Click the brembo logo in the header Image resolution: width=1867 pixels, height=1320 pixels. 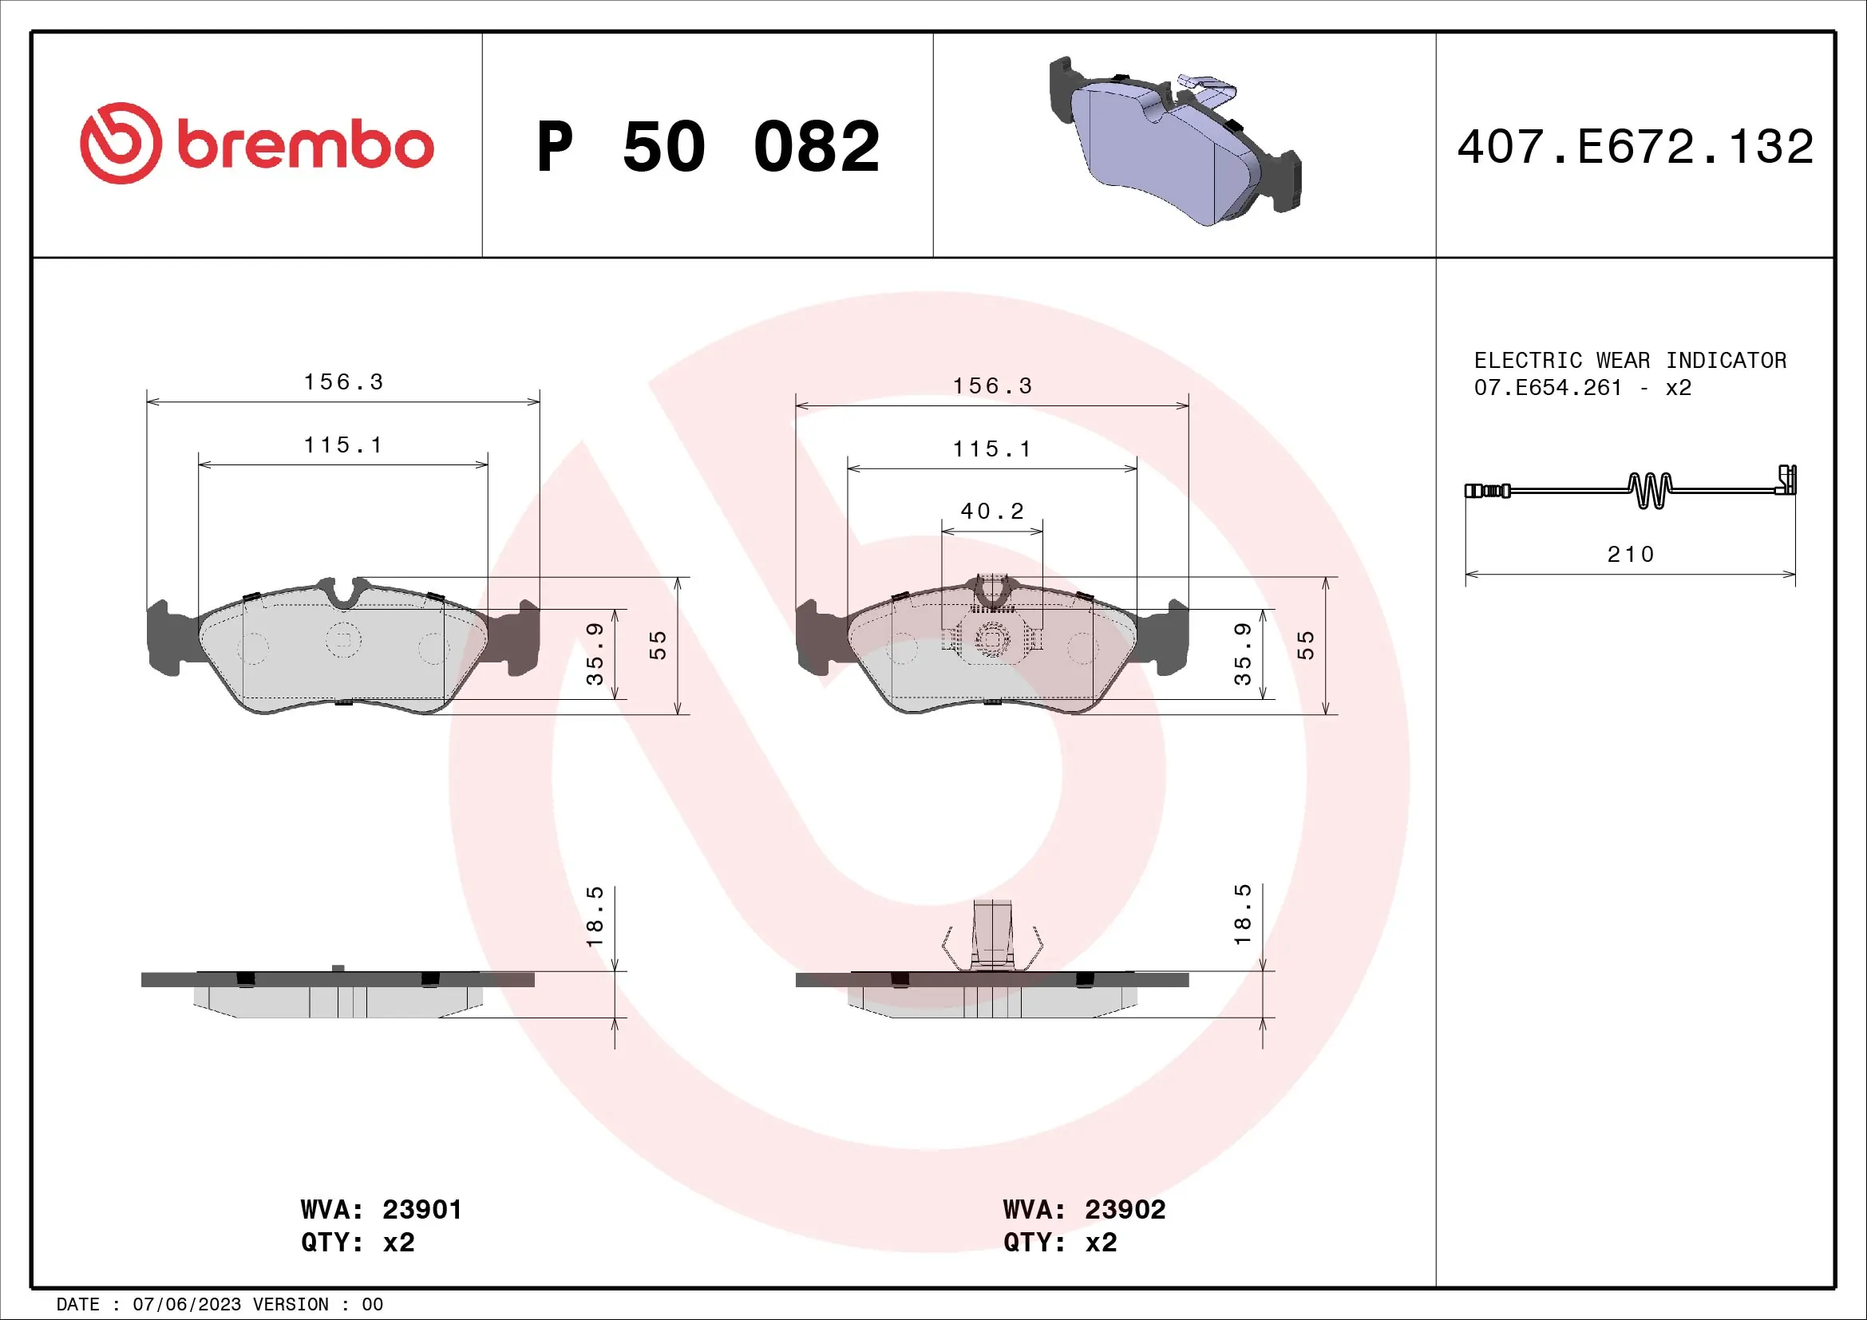[257, 144]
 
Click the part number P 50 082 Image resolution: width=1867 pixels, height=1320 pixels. [707, 147]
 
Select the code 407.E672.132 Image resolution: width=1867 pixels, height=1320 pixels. [1635, 147]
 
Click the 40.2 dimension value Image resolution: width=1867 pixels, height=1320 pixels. [992, 512]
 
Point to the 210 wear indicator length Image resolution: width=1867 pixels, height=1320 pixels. [1631, 555]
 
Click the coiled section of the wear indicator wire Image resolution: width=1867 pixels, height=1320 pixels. [1650, 490]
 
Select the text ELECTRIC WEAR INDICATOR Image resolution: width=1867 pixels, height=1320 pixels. [1630, 360]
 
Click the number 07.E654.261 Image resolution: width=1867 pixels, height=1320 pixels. [1548, 388]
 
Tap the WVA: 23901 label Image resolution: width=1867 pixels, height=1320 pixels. [381, 1209]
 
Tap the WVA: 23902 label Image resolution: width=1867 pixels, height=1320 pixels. [1083, 1209]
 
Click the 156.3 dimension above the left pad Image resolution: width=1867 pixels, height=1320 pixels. [343, 382]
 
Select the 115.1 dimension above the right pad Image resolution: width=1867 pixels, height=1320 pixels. [991, 449]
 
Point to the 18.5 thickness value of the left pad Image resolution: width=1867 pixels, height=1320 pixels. [595, 916]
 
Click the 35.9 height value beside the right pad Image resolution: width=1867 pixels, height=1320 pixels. [1243, 654]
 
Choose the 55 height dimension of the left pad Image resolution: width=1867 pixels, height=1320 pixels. [658, 646]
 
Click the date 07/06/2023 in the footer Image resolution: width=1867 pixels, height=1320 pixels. [186, 1305]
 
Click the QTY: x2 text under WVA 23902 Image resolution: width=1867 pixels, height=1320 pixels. [1059, 1243]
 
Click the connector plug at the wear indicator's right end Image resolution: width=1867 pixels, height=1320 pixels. [1786, 481]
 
